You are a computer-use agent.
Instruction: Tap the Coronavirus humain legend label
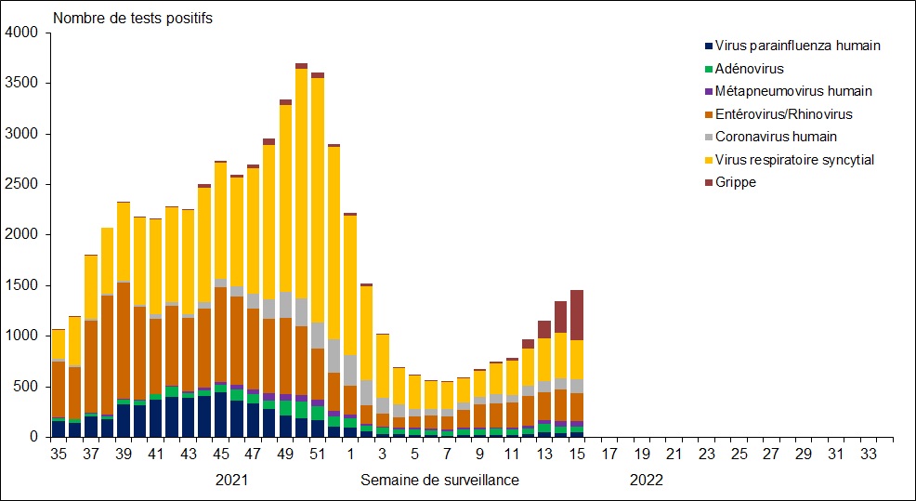pos(776,137)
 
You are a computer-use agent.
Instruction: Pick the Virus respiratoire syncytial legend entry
pos(794,160)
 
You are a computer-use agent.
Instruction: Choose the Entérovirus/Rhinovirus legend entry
pos(783,114)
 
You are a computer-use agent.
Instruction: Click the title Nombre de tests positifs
pos(134,18)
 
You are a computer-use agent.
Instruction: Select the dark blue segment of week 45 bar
pos(220,415)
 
